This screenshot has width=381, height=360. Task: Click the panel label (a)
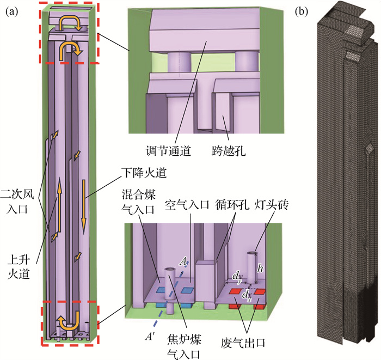(12, 10)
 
